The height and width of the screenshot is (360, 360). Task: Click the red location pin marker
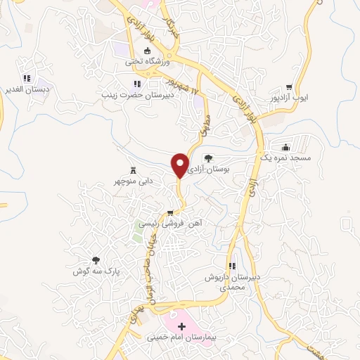tap(181, 165)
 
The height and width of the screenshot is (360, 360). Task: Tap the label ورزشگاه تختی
tap(148, 61)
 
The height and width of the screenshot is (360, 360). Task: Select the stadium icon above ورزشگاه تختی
tap(148, 51)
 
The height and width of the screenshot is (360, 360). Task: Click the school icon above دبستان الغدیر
tap(27, 79)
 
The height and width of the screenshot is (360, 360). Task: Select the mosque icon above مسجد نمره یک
tap(286, 148)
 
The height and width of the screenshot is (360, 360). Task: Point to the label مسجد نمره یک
tap(285, 158)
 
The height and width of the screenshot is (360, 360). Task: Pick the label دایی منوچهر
tap(133, 181)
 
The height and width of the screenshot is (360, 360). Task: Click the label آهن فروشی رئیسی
tap(169, 223)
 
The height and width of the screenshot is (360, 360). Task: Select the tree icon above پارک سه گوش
tap(96, 260)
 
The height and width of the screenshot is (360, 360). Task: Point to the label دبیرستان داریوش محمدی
tap(231, 282)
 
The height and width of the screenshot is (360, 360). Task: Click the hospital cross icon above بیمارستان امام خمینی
tap(183, 326)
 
